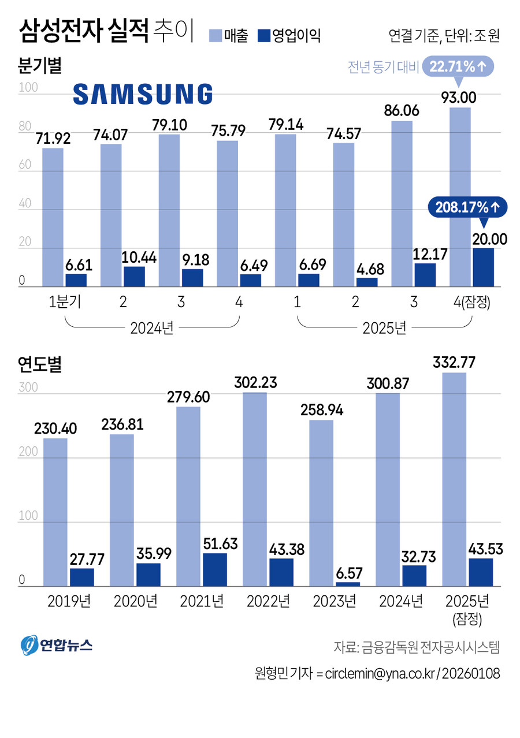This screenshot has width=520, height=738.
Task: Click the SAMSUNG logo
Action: tap(143, 94)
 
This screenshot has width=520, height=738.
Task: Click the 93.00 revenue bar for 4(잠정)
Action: tap(460, 196)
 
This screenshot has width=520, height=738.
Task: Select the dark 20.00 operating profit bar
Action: tap(483, 267)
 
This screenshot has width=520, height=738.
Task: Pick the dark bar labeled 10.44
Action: tap(134, 277)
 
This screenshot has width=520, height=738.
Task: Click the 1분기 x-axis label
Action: tap(64, 303)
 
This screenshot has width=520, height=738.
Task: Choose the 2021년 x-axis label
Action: tap(202, 601)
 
